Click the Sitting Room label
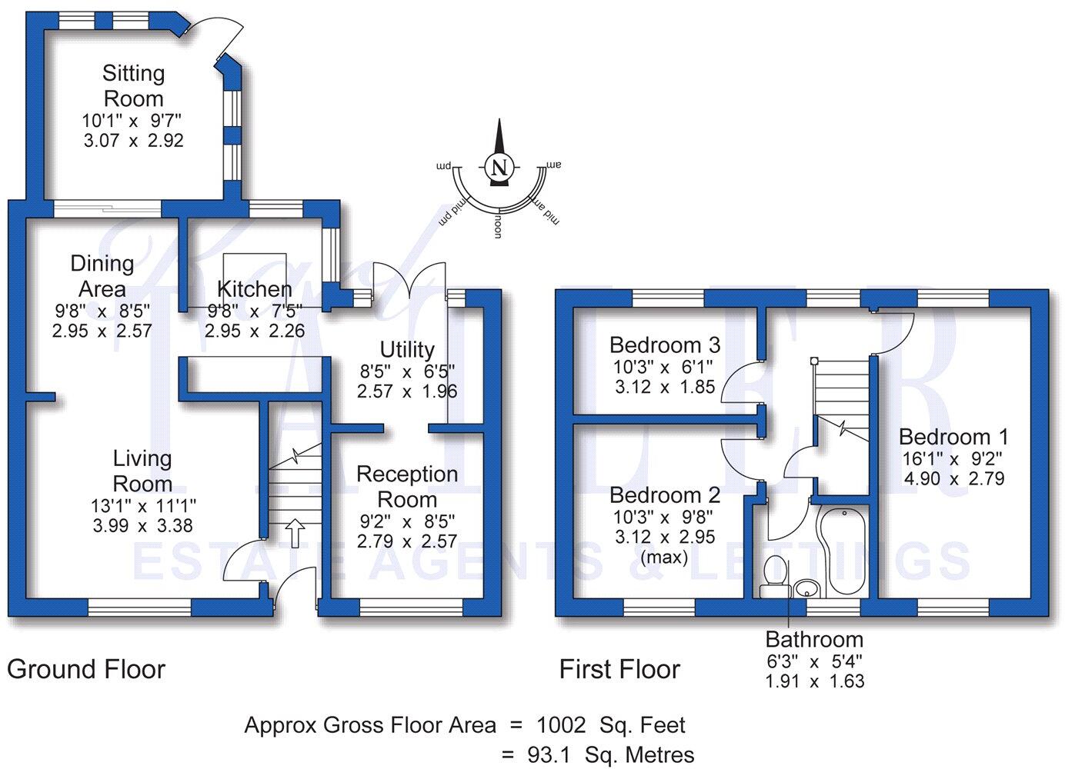coord(133,86)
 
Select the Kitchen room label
coord(254,290)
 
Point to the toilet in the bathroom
coord(774,577)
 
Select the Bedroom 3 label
coord(666,345)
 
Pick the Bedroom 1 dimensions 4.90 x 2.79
coord(954,478)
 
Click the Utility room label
coord(407,350)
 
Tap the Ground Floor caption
coord(86,670)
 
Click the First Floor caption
coord(619,670)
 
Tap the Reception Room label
coord(407,487)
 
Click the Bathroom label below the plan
coord(814,640)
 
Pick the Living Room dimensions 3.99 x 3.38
coord(142,526)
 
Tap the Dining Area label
coord(102,276)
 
